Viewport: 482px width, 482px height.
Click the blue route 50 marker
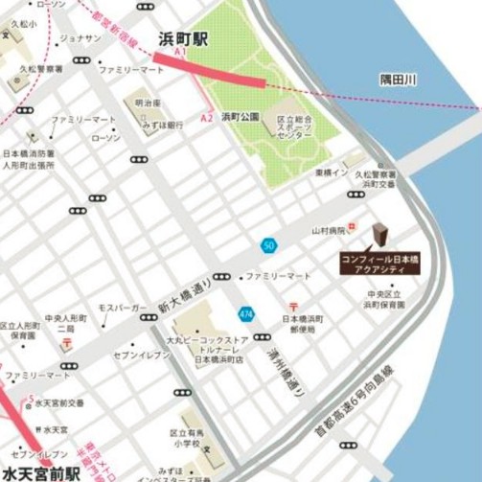point(269,245)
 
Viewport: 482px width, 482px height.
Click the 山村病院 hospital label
point(326,231)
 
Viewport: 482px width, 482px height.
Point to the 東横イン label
point(330,173)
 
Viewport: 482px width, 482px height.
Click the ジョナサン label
point(80,38)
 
